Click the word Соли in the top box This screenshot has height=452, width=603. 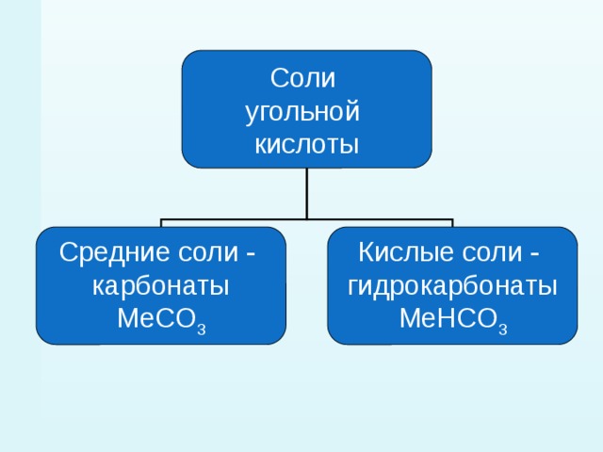302,78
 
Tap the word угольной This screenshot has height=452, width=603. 302,113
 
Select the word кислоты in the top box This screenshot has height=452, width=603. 306,145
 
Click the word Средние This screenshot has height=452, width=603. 114,252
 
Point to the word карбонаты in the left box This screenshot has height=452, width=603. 161,286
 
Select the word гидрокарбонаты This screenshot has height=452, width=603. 452,286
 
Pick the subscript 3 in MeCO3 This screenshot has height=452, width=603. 202,329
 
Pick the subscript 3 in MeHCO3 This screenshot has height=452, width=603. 503,329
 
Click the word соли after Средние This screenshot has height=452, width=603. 208,253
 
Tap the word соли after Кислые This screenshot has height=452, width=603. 493,253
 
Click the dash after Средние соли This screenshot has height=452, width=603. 251,254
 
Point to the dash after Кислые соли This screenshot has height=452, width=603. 534,254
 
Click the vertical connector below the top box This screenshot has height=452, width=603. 307,193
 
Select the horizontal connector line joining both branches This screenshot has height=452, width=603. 307,219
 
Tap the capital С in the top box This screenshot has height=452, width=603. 279,78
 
